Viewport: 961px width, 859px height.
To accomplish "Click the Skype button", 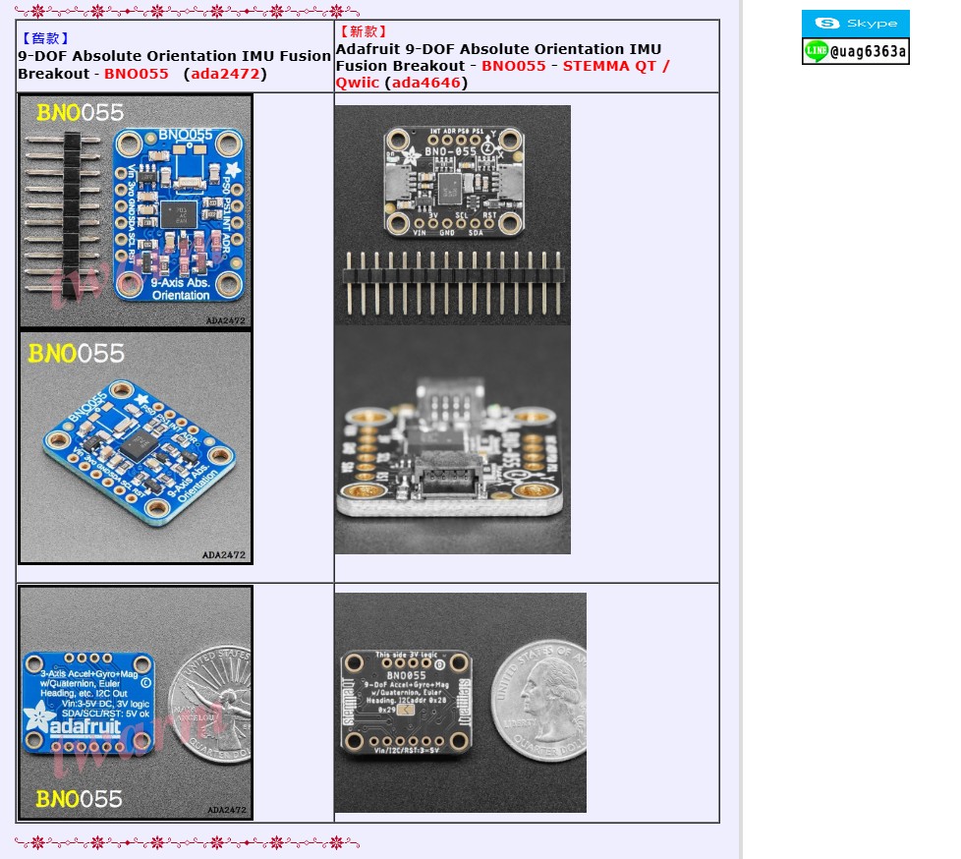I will pos(855,23).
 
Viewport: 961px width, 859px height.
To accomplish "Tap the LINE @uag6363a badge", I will pos(855,51).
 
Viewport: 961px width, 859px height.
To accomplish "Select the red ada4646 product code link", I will pos(425,83).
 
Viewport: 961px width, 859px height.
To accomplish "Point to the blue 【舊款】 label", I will pos(45,39).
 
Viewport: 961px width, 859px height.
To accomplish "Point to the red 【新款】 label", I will pos(364,32).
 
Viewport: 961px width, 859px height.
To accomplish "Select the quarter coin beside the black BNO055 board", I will pos(538,703).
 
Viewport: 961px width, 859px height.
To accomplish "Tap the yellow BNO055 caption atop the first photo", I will pos(82,113).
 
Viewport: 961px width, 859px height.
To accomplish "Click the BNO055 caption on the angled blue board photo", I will pos(77,353).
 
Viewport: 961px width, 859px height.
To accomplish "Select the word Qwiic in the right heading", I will pos(357,83).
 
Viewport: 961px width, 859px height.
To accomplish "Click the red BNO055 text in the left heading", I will pos(136,74).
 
